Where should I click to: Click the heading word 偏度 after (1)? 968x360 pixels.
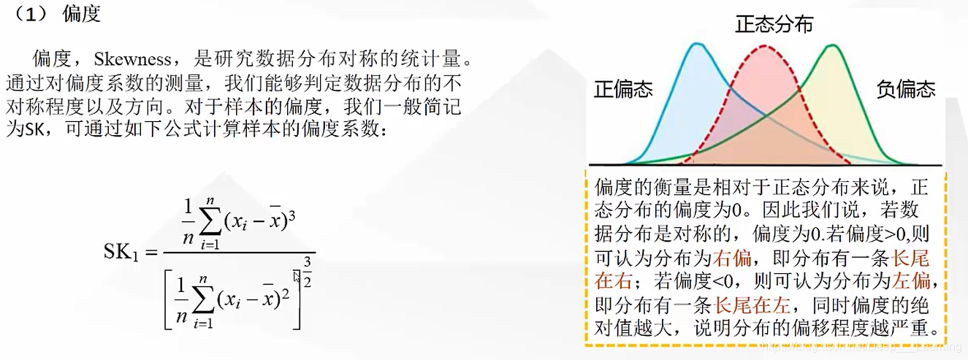[81, 14]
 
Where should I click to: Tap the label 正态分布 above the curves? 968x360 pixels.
[774, 25]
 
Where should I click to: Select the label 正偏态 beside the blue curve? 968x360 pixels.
[623, 89]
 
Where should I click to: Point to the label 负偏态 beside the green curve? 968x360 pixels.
[905, 89]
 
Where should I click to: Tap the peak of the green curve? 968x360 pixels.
[831, 46]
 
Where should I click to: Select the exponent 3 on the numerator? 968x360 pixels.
[290, 218]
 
